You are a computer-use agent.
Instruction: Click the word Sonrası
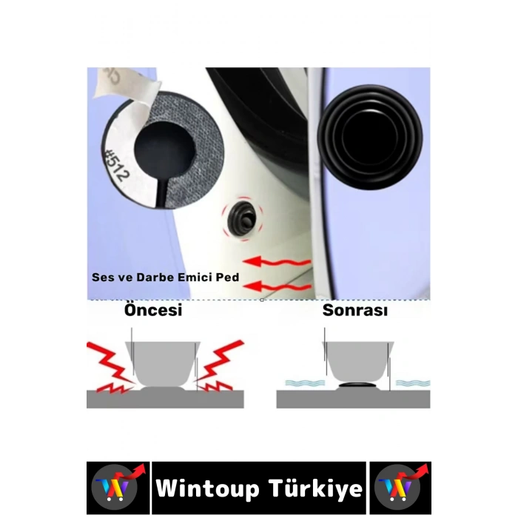tap(354, 311)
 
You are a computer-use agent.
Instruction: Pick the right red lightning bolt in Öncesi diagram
tap(221, 366)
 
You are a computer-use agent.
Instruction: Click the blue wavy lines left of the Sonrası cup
tap(303, 383)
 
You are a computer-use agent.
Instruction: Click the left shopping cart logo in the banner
tap(116, 488)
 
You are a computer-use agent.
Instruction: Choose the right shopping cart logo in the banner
tap(400, 488)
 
